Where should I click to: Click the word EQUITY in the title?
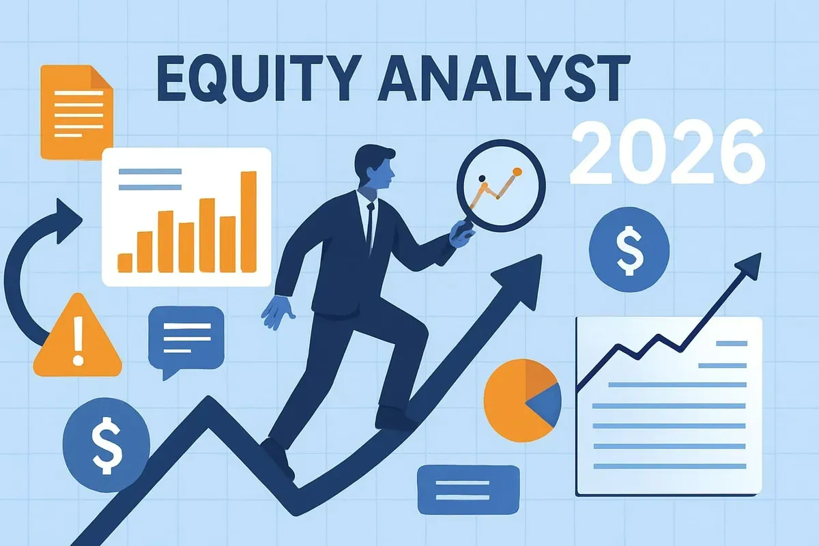point(257,78)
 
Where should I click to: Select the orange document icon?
point(76,113)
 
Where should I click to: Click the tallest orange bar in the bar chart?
point(248,222)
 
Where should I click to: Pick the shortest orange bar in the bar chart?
point(125,263)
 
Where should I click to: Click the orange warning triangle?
point(78,336)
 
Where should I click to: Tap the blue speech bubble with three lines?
point(186,341)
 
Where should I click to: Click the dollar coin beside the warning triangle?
point(106,445)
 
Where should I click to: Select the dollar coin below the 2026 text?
point(629,249)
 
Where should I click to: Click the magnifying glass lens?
point(501,186)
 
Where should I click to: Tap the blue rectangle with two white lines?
point(468,490)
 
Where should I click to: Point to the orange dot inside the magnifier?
point(517,171)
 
